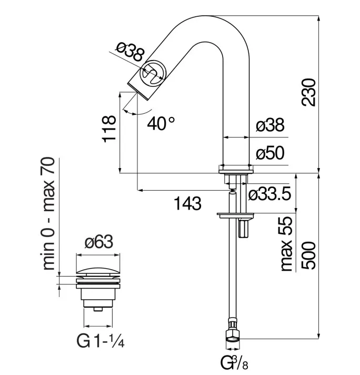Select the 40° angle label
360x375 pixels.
(x=161, y=124)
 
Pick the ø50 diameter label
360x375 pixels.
(x=270, y=153)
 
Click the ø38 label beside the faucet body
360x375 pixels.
(x=269, y=125)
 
